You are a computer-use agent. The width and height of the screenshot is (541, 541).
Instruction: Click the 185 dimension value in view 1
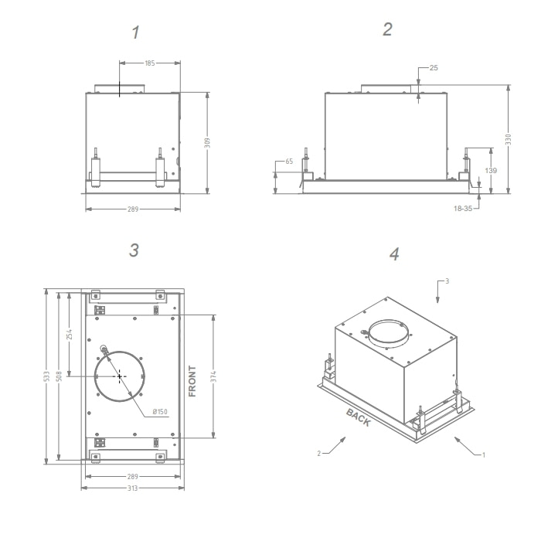(150, 63)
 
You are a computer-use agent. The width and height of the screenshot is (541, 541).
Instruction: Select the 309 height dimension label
(207, 143)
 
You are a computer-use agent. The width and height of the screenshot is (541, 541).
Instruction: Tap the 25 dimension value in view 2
(434, 68)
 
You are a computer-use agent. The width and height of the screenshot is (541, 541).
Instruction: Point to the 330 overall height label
(508, 139)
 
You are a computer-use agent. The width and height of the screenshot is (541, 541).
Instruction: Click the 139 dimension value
(491, 171)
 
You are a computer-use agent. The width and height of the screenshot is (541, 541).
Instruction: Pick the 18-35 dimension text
(463, 209)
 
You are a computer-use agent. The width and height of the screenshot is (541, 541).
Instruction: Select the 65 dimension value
(289, 162)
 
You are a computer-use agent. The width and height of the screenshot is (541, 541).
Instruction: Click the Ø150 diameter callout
(160, 412)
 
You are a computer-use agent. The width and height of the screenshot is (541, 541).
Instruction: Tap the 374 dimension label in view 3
(213, 376)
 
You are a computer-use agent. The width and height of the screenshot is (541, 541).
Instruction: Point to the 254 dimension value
(70, 334)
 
